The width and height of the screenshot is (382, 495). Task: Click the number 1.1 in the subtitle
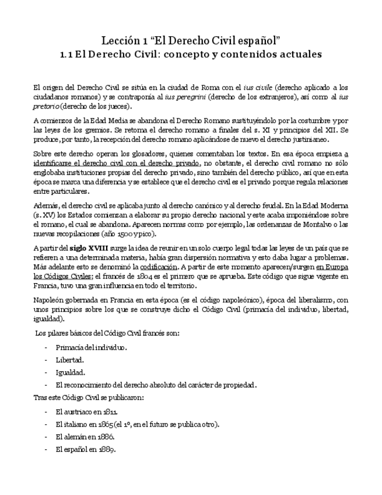pos(67,55)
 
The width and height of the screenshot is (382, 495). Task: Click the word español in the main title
pos(261,40)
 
